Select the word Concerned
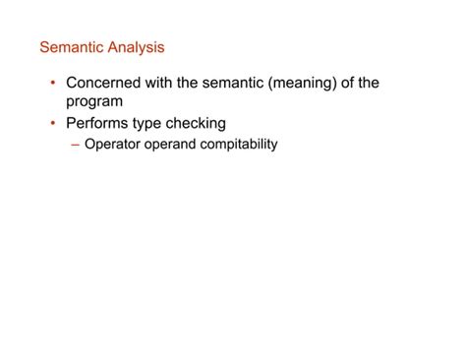point(108,84)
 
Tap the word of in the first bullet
point(367,84)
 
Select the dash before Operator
point(77,146)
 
